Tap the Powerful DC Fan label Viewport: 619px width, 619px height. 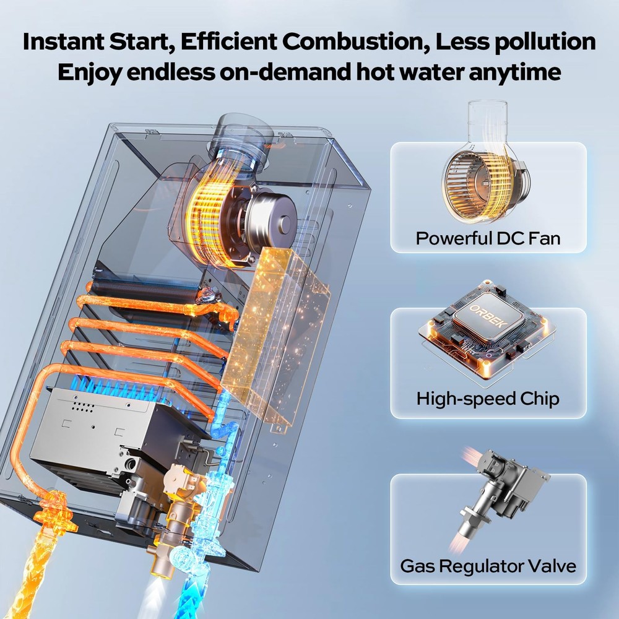pyautogui.click(x=488, y=238)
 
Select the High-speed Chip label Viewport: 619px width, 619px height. pyautogui.click(x=488, y=398)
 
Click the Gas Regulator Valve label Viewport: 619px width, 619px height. pyautogui.click(x=488, y=565)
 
